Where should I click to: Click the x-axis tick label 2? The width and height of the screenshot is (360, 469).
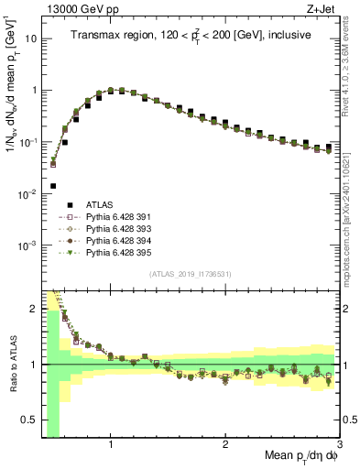tap(225, 445)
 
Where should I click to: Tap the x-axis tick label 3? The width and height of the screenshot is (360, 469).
tap(339, 445)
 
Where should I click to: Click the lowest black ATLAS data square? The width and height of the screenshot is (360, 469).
tap(53, 186)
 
